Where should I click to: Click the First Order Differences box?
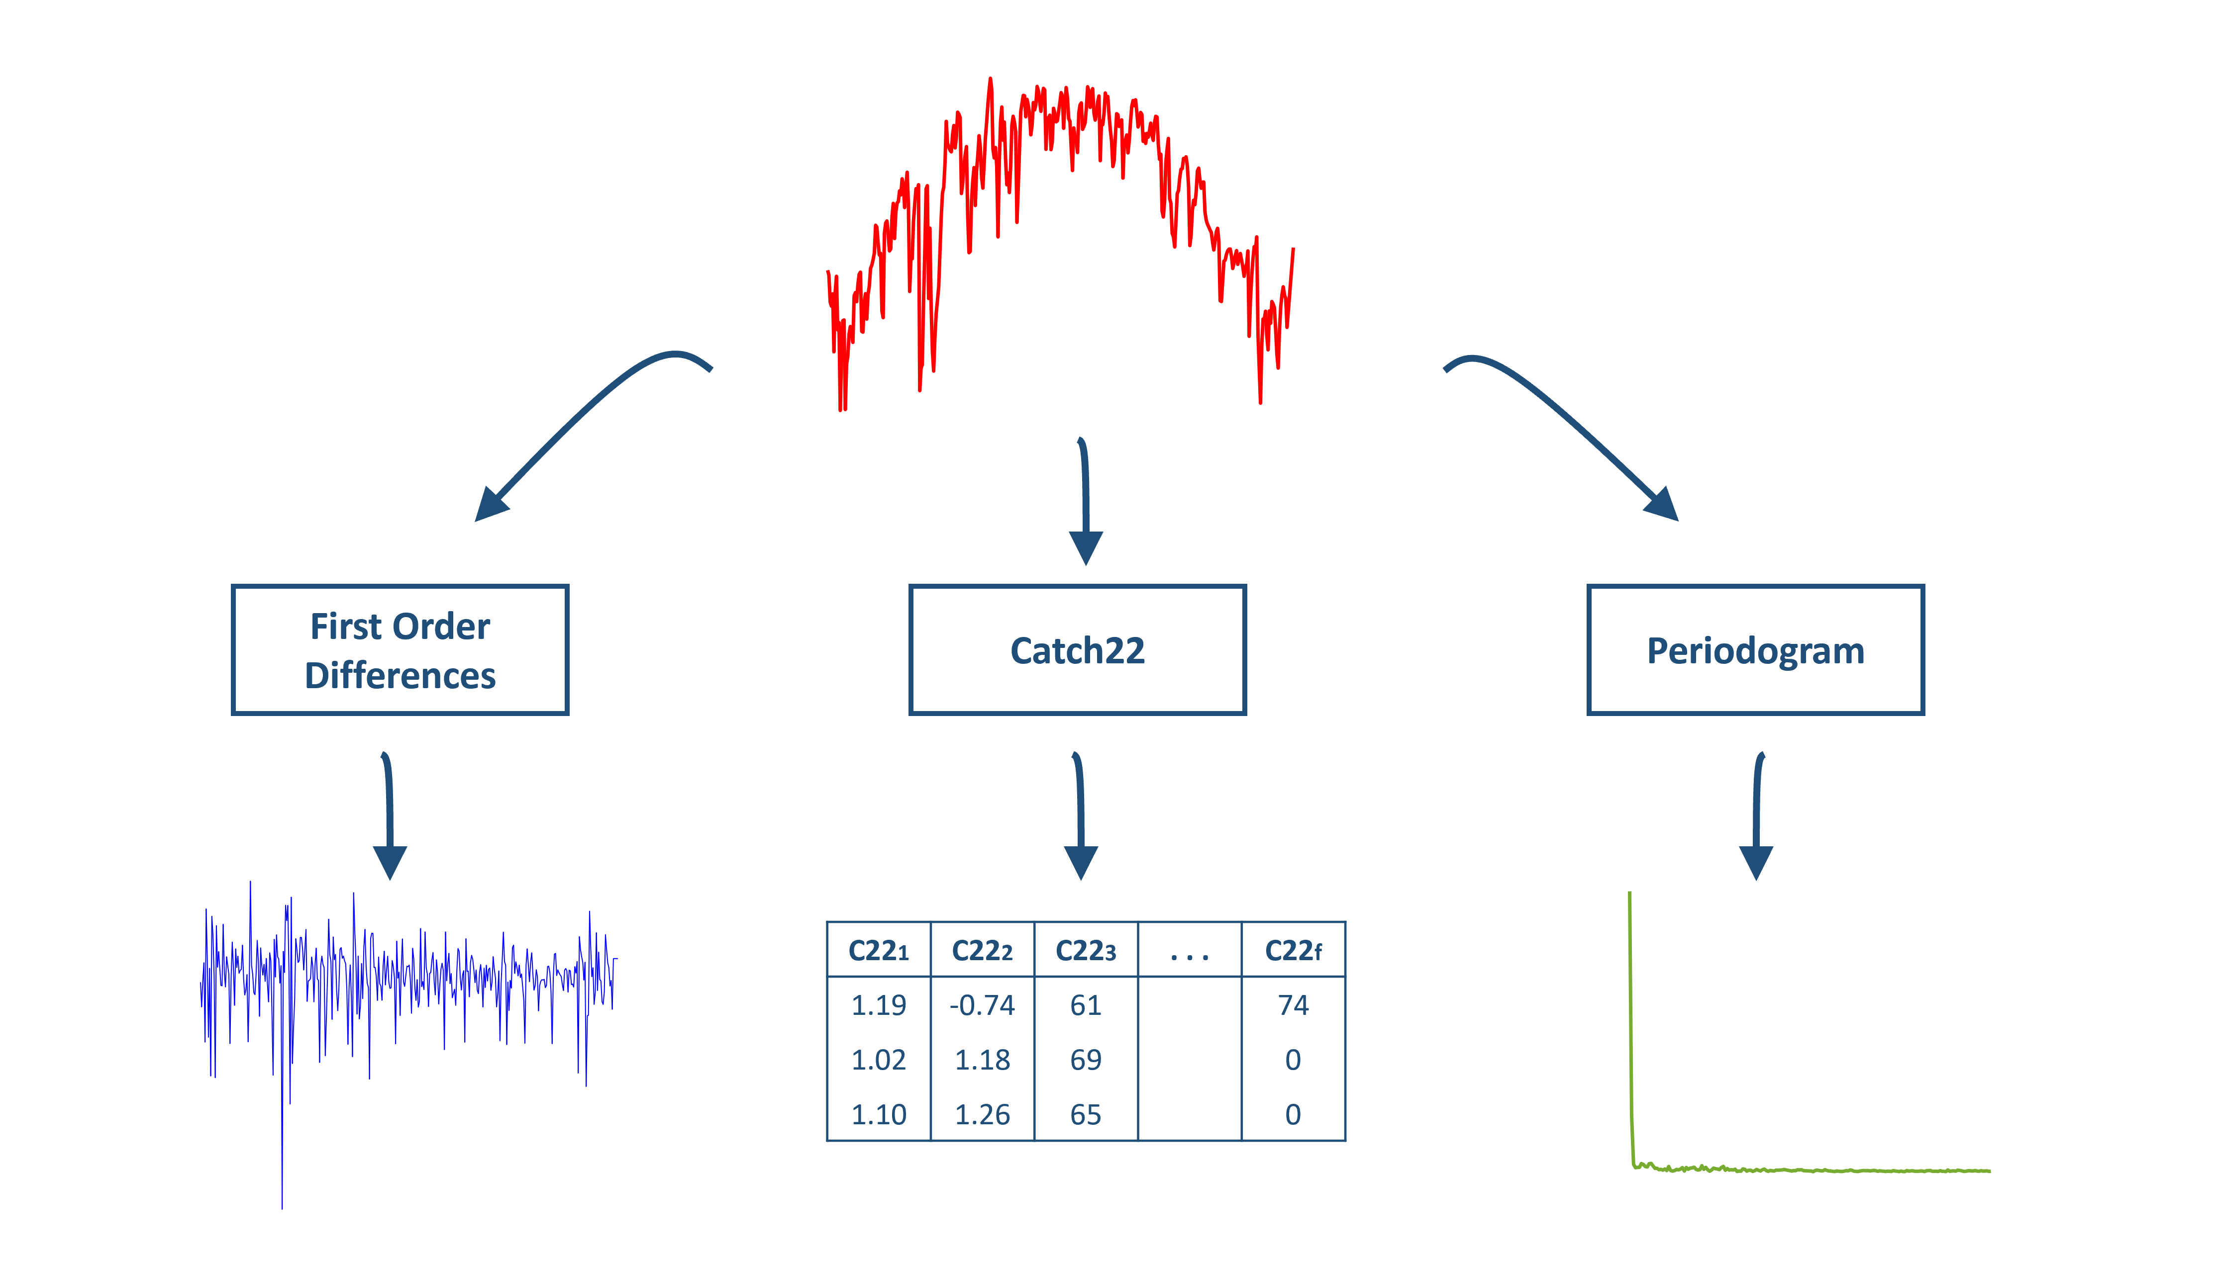[x=400, y=650]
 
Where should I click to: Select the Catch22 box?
[x=1077, y=650]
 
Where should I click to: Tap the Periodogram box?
[x=1755, y=650]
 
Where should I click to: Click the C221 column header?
[x=878, y=951]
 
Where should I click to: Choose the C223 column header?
[x=1086, y=951]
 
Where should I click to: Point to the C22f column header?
[x=1293, y=951]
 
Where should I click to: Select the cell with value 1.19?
[x=878, y=1004]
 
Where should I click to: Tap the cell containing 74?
[x=1293, y=1004]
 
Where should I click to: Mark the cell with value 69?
[x=1086, y=1059]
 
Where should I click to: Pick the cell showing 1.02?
[x=878, y=1059]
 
